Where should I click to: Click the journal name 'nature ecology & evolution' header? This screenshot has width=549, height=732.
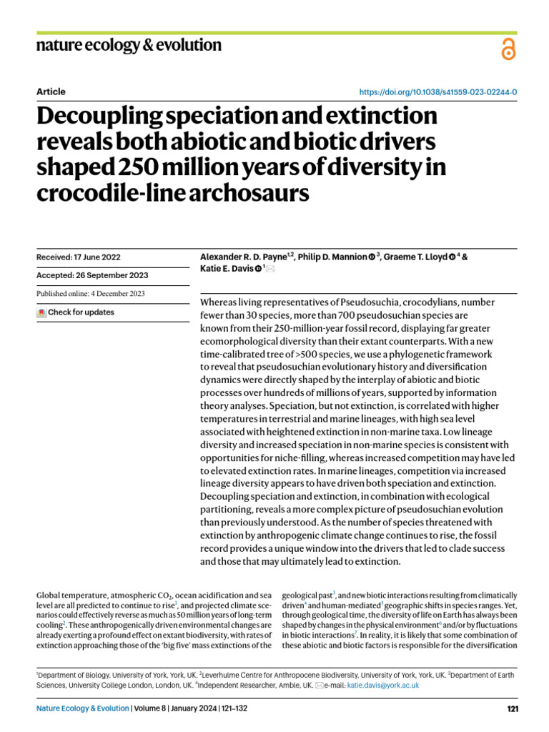coord(129,46)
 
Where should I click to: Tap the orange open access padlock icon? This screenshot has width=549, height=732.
coord(508,49)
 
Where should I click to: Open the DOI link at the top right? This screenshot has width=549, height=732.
coord(437,92)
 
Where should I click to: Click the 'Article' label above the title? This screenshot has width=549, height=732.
coord(50,91)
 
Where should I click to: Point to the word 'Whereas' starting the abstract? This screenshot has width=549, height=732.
coord(219,303)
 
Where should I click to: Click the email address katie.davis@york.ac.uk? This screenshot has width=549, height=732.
coord(383,685)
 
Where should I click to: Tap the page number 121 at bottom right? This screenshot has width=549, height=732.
coord(512,708)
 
